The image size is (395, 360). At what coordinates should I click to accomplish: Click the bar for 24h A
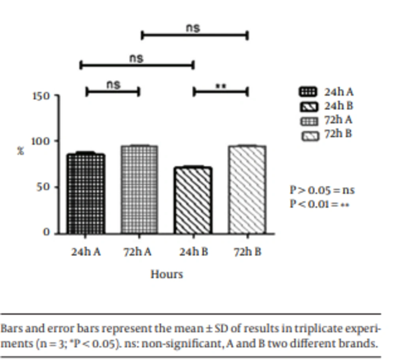tap(86, 194)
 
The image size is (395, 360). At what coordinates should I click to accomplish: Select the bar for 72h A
tap(139, 190)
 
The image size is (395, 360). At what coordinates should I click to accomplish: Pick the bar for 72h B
tap(247, 190)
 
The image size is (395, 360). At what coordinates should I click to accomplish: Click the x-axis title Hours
tap(167, 274)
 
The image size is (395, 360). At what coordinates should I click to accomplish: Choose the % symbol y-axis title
tap(21, 151)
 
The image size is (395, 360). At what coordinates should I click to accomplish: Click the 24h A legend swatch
tap(308, 92)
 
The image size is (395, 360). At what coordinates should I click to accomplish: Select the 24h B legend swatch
tap(308, 106)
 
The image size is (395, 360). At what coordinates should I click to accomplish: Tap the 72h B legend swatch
tap(310, 136)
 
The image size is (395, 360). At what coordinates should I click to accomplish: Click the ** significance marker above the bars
tap(220, 86)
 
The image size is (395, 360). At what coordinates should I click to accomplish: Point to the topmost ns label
tap(193, 28)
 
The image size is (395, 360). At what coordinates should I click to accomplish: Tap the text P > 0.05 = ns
tap(322, 190)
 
